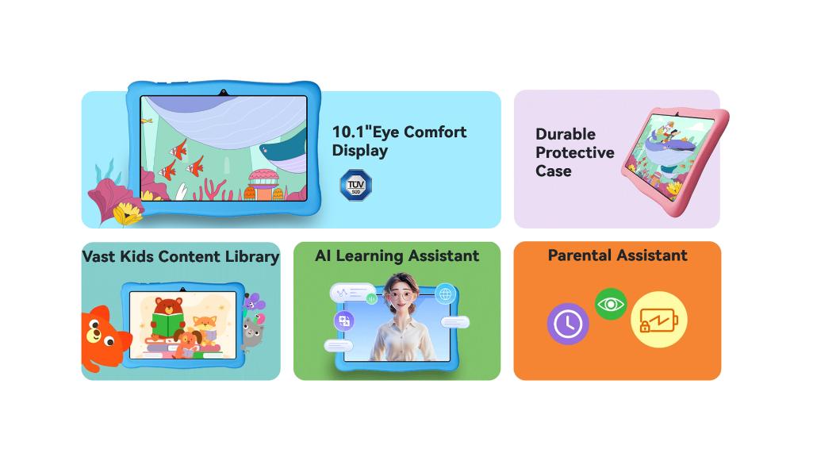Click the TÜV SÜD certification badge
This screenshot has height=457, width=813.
tap(355, 185)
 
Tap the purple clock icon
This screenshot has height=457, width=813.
tap(568, 324)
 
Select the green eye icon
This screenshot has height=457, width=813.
tap(611, 304)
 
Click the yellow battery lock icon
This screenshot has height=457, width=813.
tap(658, 320)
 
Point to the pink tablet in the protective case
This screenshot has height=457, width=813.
tap(674, 159)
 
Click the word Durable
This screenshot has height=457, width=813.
tap(566, 134)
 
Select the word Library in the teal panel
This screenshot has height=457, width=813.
tap(252, 257)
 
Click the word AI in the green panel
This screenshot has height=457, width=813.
tap(323, 255)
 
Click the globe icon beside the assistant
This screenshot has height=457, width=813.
tap(445, 294)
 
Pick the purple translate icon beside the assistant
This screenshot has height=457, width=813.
tap(344, 321)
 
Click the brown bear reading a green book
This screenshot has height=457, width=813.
tap(167, 318)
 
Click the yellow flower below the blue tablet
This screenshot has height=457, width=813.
tap(128, 213)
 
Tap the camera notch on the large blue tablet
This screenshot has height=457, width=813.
tap(224, 93)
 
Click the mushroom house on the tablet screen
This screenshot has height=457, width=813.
tap(263, 185)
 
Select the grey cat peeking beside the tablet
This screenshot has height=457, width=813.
tap(252, 332)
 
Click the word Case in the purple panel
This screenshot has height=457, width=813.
tap(553, 171)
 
